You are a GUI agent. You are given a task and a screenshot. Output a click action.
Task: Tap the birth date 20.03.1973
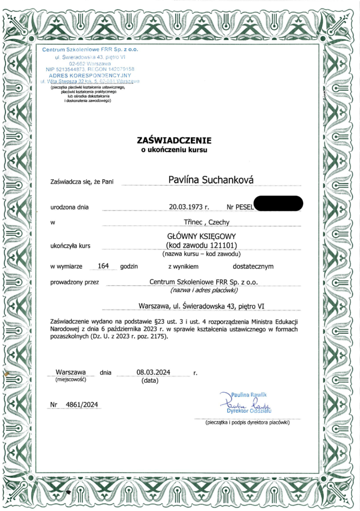pos(186,206)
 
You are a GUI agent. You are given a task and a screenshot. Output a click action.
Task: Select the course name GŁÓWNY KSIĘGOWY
pos(201,237)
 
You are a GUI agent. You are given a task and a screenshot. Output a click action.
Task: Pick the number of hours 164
pos(104,265)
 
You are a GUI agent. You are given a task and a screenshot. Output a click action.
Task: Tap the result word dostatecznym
pos(253,266)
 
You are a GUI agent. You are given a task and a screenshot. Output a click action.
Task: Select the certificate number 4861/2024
pos(81,404)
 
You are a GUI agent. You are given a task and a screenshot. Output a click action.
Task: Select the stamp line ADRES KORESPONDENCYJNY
pos(90,74)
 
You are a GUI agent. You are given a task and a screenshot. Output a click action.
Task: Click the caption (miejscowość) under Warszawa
pos(70,380)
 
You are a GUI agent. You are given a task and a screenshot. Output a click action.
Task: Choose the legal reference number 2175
pos(157,337)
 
